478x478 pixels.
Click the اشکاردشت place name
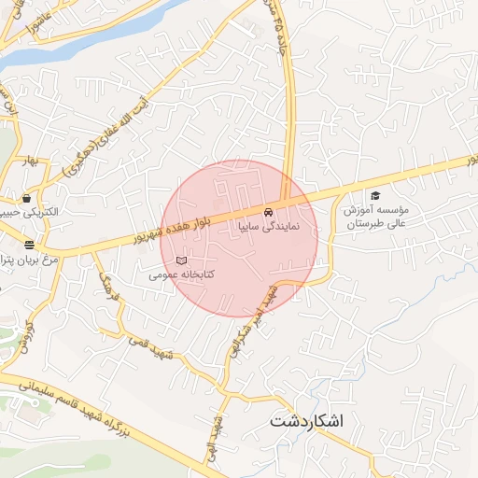coord(306,420)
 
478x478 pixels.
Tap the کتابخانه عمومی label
coord(182,275)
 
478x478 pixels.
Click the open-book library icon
coord(181,260)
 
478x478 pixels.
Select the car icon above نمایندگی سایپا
coord(269,209)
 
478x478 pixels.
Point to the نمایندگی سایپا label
coord(269,225)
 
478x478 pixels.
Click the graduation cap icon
coord(374,196)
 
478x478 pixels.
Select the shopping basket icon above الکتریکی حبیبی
coord(26,198)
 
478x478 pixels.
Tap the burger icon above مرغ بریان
coord(30,245)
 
